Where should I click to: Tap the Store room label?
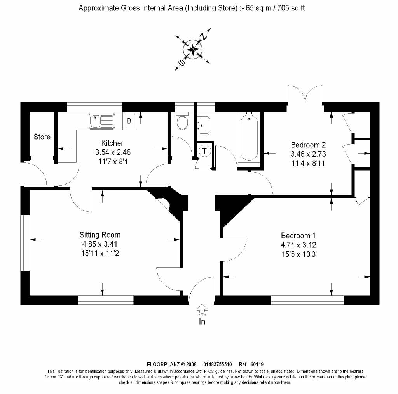tap(42, 137)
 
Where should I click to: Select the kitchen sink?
tap(102, 121)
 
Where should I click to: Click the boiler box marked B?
tap(129, 121)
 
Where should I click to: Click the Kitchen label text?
tap(113, 143)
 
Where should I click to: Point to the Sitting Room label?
tap(100, 235)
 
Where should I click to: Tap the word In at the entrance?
tap(202, 321)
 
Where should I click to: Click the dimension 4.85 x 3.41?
tap(100, 244)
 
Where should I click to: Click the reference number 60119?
tap(257, 364)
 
